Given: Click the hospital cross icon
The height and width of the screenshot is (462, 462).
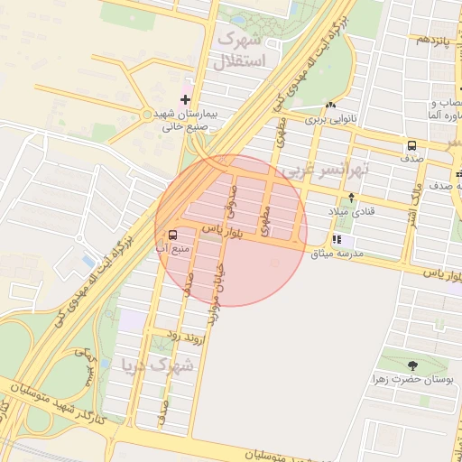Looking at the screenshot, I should click(x=186, y=99).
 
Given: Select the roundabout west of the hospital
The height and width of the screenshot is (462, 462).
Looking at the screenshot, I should click(x=146, y=115).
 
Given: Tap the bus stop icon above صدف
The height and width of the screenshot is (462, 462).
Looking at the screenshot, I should click(x=411, y=145).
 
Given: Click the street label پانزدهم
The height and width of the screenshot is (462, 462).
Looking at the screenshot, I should click(x=430, y=41).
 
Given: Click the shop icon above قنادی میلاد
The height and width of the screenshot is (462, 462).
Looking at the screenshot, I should click(x=351, y=198).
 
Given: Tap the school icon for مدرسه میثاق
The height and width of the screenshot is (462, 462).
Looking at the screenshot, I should click(x=337, y=240).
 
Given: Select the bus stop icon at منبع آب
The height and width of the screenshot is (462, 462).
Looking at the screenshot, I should click(x=173, y=235).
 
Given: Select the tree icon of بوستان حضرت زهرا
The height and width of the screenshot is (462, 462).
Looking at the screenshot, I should click(x=412, y=366).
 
